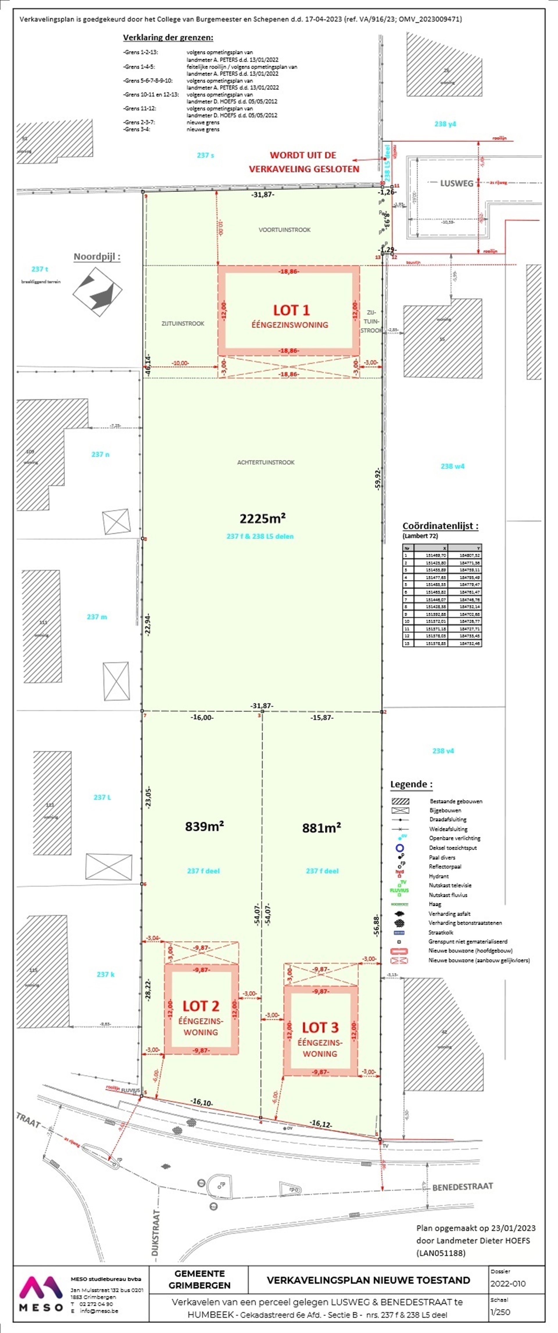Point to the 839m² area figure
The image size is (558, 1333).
205,827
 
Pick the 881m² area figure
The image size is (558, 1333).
321,828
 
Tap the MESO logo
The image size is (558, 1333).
41,1294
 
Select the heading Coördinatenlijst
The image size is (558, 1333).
440,526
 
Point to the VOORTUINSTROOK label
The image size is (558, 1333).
285,230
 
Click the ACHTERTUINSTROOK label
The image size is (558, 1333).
266,462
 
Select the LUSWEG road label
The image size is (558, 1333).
457,183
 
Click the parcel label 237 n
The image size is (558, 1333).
101,454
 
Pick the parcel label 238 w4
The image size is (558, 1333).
453,466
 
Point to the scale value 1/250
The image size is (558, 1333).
500,1312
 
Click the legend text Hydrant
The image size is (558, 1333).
439,876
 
